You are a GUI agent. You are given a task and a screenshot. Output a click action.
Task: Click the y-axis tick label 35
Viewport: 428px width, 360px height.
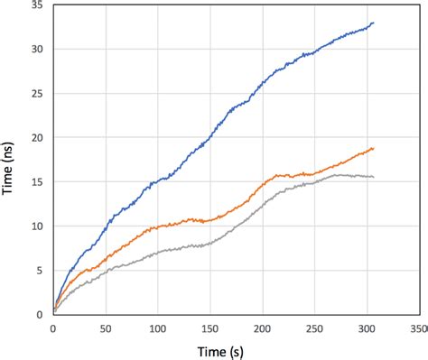click(x=37, y=5)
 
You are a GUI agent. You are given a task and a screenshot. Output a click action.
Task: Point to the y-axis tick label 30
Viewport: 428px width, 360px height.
click(x=37, y=50)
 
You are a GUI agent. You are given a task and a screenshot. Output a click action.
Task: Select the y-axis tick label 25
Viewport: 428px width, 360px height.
click(x=37, y=94)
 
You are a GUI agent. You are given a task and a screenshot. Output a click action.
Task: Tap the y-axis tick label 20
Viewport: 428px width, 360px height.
click(x=37, y=138)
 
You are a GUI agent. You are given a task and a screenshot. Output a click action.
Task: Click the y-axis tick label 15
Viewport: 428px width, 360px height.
click(x=37, y=182)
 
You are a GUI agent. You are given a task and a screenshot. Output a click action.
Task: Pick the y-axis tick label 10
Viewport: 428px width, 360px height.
click(x=37, y=226)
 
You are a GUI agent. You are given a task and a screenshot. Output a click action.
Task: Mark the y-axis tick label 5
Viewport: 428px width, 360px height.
click(x=41, y=271)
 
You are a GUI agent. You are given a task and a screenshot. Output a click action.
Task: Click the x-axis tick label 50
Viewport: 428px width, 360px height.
click(x=106, y=329)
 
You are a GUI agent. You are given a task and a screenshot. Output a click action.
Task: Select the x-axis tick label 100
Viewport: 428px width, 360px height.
click(x=158, y=329)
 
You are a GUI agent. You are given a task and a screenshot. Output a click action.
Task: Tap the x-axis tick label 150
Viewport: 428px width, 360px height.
click(x=210, y=329)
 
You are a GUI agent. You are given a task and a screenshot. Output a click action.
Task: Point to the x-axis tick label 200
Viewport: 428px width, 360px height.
click(x=263, y=329)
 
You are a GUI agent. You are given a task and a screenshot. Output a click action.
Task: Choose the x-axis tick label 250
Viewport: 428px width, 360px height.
click(x=315, y=329)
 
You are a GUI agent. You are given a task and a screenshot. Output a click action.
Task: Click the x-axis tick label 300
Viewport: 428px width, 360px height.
click(x=368, y=329)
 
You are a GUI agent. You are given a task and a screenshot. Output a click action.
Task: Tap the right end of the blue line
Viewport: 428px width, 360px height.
click(x=373, y=23)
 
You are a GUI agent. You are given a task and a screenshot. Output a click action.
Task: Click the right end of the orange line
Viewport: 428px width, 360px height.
click(x=373, y=149)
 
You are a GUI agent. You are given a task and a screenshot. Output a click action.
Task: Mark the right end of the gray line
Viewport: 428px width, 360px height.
click(x=373, y=177)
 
